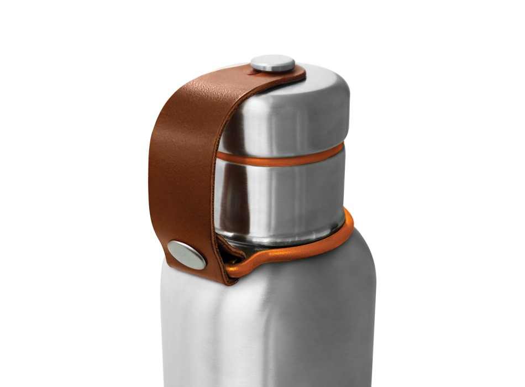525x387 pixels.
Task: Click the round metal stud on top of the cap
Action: (x=272, y=63)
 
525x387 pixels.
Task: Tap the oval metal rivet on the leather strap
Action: (x=187, y=254)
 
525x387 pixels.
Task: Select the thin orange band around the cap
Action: (x=282, y=158)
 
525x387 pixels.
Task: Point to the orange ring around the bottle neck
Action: (x=309, y=252)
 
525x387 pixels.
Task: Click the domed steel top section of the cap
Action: (x=293, y=111)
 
